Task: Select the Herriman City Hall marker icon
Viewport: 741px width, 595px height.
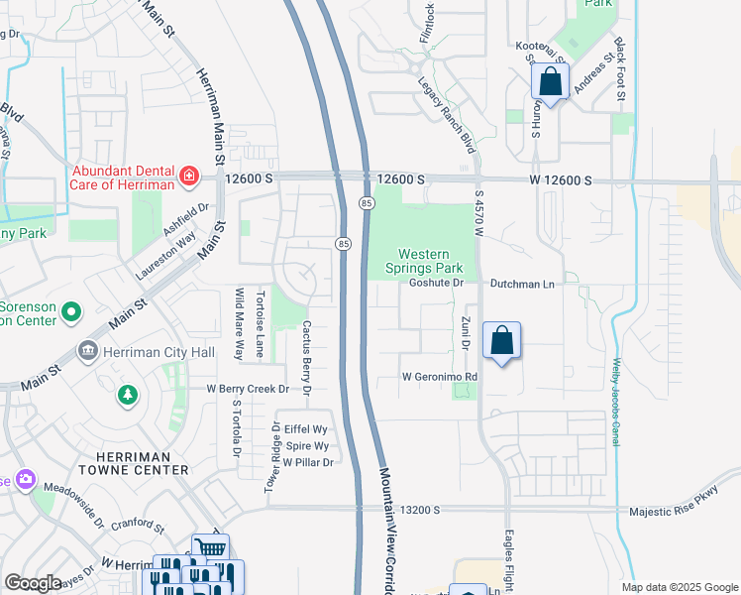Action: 87,351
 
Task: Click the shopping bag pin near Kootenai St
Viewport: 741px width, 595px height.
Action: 551,81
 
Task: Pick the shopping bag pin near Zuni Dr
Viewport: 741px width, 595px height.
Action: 502,341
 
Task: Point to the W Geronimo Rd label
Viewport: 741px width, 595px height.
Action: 440,378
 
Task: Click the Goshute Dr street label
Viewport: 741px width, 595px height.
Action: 437,283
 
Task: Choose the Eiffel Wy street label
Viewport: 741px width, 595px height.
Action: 306,429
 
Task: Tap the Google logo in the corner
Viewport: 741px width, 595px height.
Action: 33,583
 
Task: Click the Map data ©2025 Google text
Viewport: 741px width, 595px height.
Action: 680,587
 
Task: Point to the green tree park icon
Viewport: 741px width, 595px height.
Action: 127,396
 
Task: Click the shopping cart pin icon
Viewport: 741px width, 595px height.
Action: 210,548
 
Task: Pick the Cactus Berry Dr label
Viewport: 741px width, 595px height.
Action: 307,357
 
